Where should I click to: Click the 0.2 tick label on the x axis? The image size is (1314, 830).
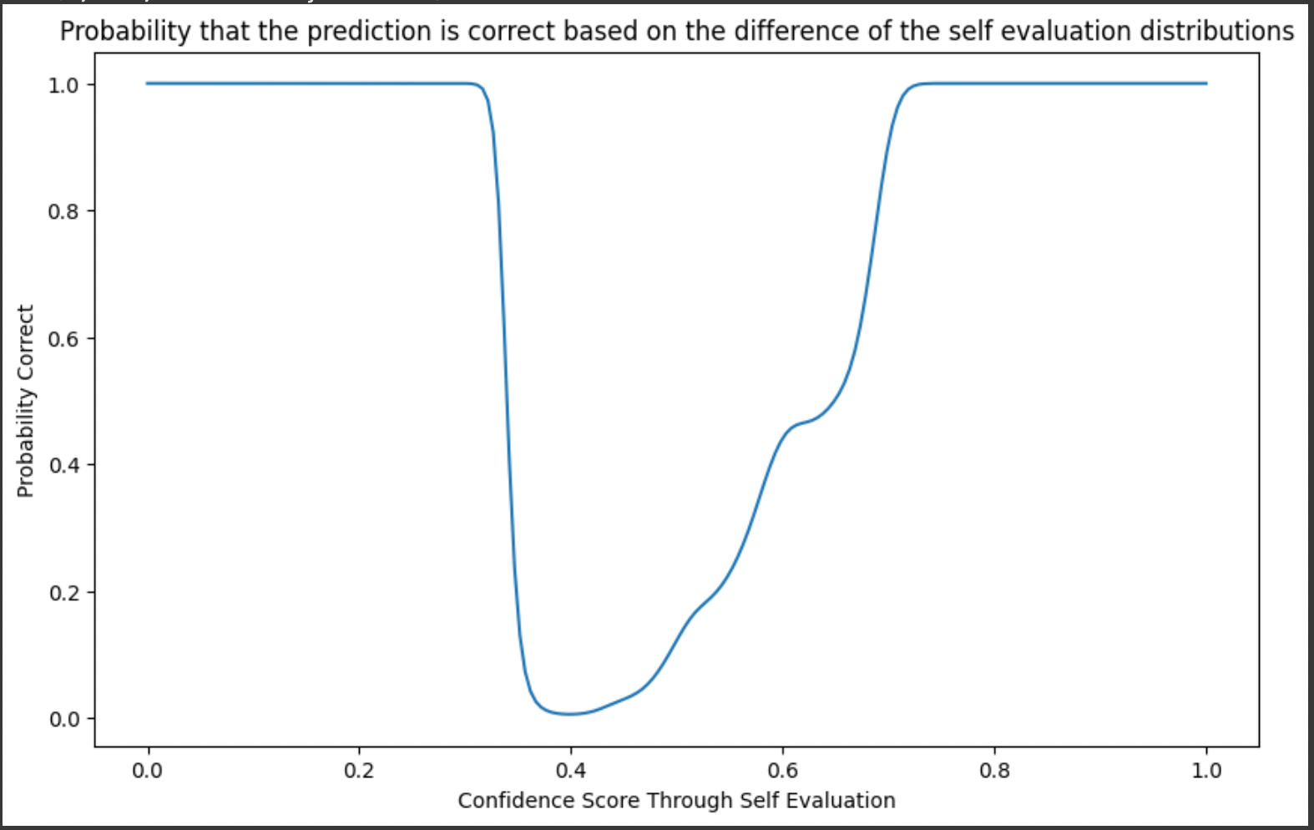pyautogui.click(x=358, y=770)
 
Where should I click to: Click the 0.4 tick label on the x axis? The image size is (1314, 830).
pyautogui.click(x=571, y=770)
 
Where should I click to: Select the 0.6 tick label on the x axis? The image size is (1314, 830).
pyautogui.click(x=782, y=770)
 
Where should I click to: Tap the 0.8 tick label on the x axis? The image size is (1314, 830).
pyautogui.click(x=994, y=770)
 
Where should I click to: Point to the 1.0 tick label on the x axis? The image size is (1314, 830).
pyautogui.click(x=1206, y=770)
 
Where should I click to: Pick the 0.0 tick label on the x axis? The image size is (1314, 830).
pyautogui.click(x=147, y=770)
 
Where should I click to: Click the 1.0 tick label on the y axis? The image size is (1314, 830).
pyautogui.click(x=63, y=86)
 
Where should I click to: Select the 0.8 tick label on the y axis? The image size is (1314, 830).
pyautogui.click(x=63, y=212)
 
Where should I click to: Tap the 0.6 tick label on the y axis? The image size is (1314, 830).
pyautogui.click(x=63, y=339)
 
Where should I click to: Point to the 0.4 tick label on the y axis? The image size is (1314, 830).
pyautogui.click(x=63, y=466)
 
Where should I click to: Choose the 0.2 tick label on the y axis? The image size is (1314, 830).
pyautogui.click(x=63, y=593)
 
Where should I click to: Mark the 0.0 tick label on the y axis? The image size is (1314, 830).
pyautogui.click(x=63, y=720)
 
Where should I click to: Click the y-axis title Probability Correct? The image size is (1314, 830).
pyautogui.click(x=25, y=401)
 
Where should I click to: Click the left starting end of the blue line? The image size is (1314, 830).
pyautogui.click(x=147, y=84)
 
